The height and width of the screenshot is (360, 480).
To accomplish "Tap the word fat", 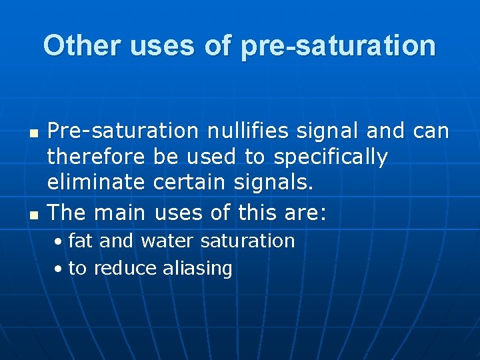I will click(x=81, y=241).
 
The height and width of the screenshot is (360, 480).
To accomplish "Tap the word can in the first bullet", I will click(x=431, y=131).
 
